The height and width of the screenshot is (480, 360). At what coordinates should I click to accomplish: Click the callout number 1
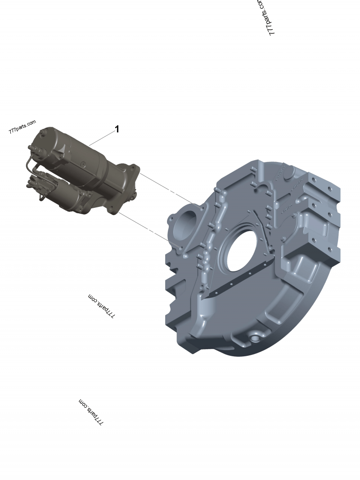[117, 129]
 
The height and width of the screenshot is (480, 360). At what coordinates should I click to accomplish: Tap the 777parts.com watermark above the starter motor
[22, 127]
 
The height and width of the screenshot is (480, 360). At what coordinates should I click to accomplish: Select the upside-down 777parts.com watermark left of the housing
[102, 306]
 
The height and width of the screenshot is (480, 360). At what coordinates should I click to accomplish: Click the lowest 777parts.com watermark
[91, 412]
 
